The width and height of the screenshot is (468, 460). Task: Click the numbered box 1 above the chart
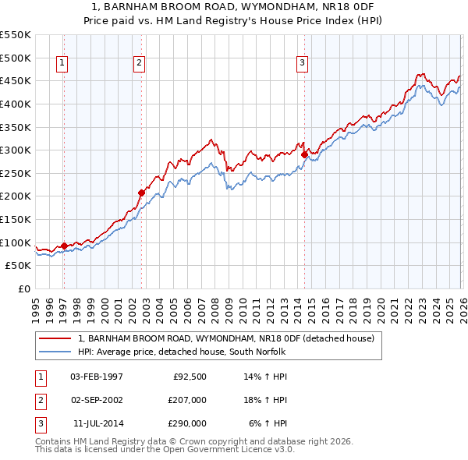coord(62,64)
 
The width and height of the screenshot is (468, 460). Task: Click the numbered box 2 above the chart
coord(139,64)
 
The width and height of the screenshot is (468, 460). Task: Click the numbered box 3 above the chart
coord(302,64)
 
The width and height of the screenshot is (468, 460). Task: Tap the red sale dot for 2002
coord(141,193)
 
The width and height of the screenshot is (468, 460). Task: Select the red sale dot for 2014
coord(304,154)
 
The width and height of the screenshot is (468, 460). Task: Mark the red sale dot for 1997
coord(64,246)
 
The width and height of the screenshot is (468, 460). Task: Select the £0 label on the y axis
coord(23,288)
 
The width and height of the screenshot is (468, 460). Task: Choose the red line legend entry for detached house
coord(226,338)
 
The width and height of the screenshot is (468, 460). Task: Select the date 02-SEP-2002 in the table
coord(97,400)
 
